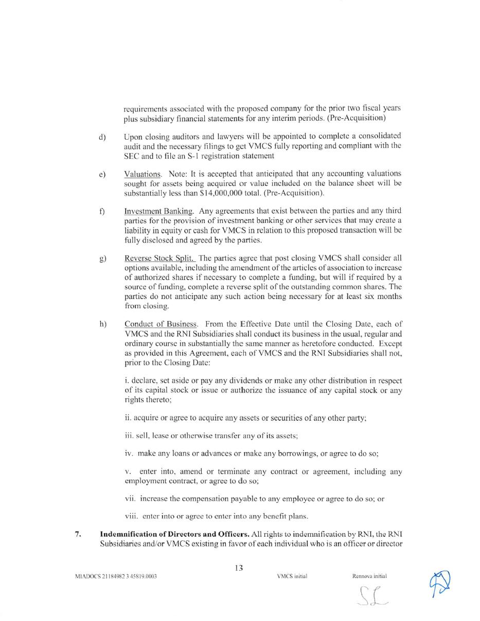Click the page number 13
coord(239,568)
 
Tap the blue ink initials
coord(440,584)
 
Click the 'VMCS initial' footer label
coord(292,576)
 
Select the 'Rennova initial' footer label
coord(369,576)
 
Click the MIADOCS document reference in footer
coord(116,576)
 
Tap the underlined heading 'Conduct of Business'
coord(161,324)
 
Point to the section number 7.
coord(78,534)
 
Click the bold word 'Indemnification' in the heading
coord(130,534)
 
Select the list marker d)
coord(102,136)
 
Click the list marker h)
coord(103,324)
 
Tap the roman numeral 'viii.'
coord(132,516)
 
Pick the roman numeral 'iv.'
coord(129,454)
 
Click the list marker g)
coord(103,258)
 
